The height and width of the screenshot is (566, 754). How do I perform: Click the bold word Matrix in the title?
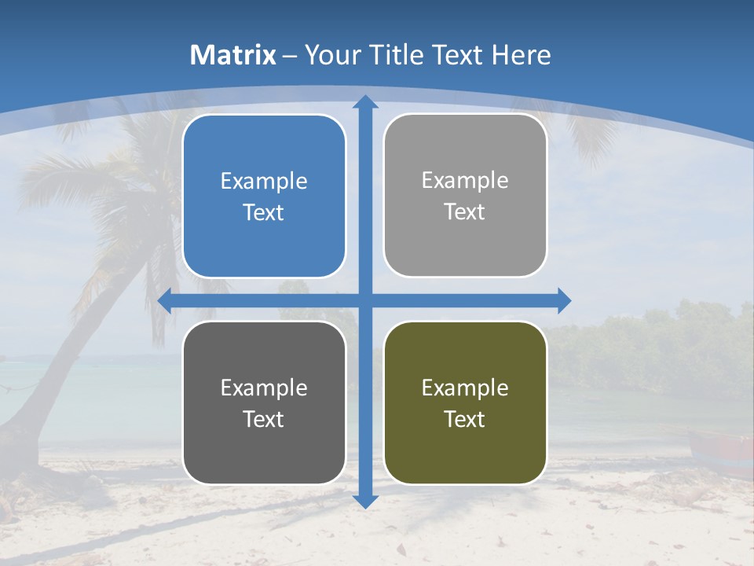pyautogui.click(x=233, y=55)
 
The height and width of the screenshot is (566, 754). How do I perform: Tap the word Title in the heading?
pyautogui.click(x=397, y=55)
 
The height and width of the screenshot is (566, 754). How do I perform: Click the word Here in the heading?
pyautogui.click(x=522, y=55)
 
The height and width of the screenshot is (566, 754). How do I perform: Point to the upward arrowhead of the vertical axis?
pyautogui.click(x=365, y=102)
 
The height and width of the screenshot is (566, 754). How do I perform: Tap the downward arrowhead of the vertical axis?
pyautogui.click(x=365, y=501)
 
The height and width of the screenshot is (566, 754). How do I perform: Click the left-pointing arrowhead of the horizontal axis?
pyautogui.click(x=165, y=300)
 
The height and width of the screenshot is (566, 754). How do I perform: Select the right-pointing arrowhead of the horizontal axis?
pyautogui.click(x=563, y=300)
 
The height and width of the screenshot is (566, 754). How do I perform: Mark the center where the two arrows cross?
pyautogui.click(x=365, y=300)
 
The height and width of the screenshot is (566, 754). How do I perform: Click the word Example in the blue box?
pyautogui.click(x=264, y=182)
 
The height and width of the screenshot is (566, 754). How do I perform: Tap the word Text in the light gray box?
pyautogui.click(x=465, y=212)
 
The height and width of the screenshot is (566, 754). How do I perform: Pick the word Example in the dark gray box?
pyautogui.click(x=264, y=388)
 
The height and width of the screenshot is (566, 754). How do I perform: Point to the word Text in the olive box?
pyautogui.click(x=465, y=420)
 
